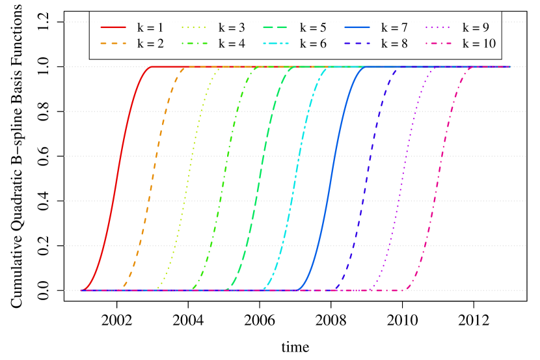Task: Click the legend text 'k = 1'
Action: point(150,28)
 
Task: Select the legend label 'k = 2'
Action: point(150,44)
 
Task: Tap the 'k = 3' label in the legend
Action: point(232,28)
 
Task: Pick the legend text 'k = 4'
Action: point(232,44)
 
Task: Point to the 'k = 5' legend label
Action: point(313,28)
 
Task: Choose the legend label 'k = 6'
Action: point(313,44)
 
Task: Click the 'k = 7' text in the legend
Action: point(394,28)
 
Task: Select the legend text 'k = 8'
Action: point(394,44)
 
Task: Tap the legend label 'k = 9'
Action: point(476,28)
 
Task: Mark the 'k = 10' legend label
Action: point(479,44)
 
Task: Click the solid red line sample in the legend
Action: point(113,28)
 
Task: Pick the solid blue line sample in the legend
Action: point(357,28)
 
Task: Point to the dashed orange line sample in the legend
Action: point(113,44)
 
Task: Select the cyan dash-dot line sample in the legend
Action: point(276,44)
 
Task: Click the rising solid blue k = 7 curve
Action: point(332,178)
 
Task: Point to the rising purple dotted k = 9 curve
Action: point(403,178)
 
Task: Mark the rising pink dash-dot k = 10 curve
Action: point(440,178)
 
